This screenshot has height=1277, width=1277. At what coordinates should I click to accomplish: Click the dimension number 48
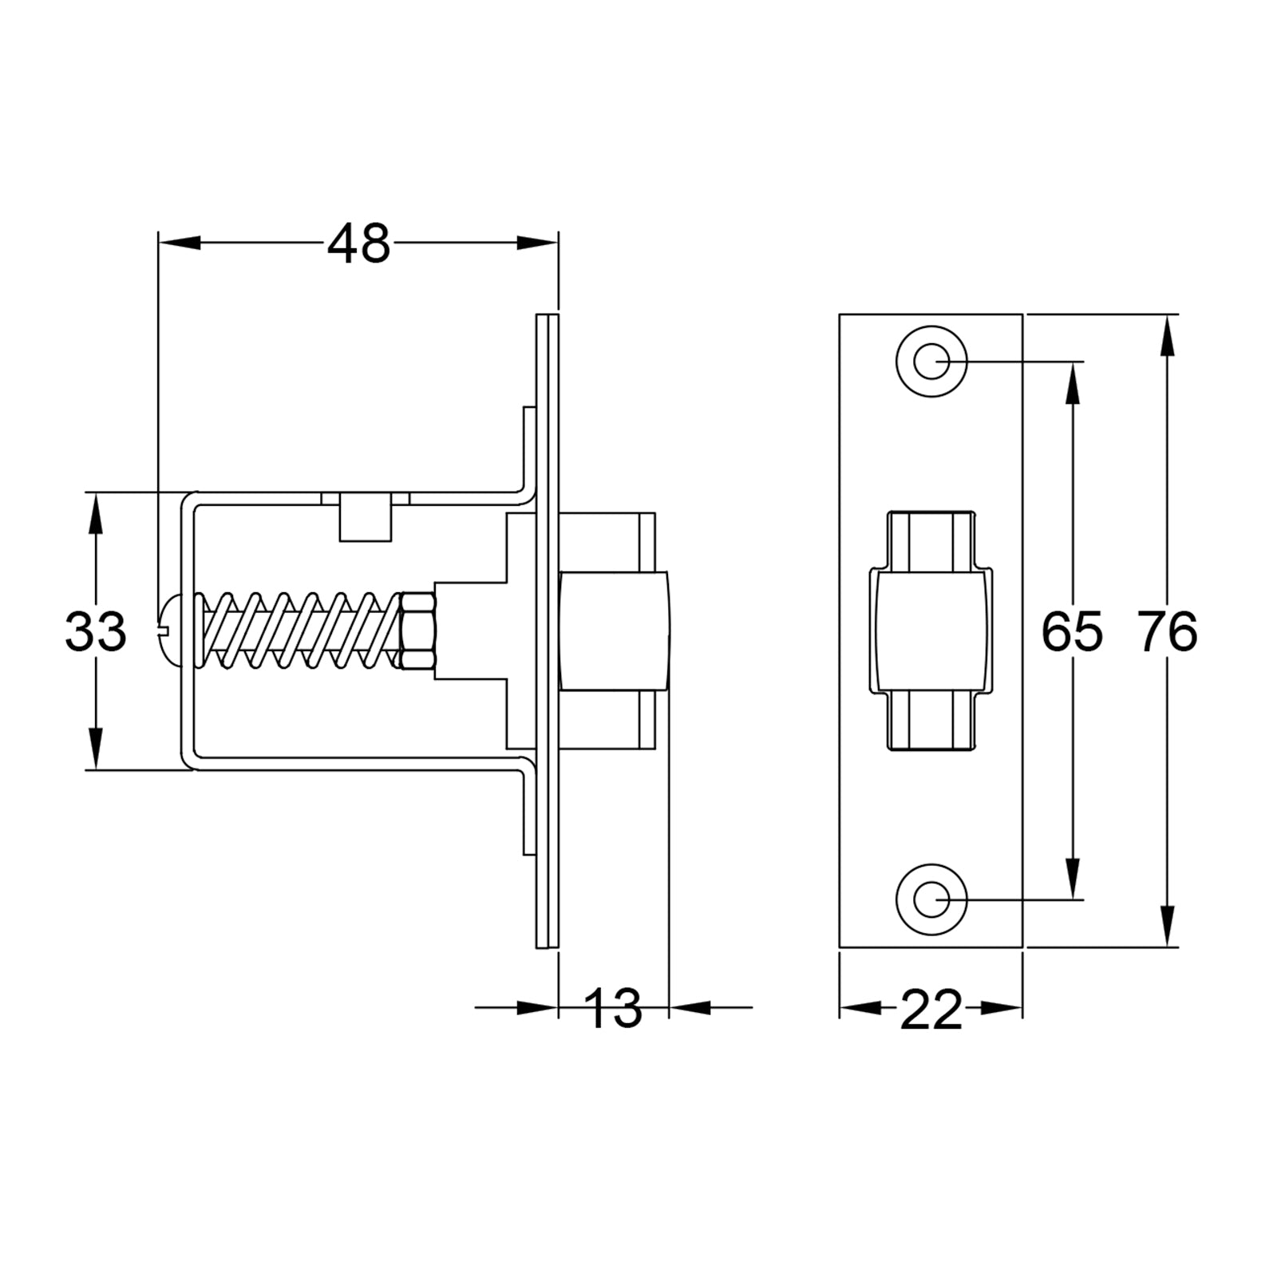point(358,243)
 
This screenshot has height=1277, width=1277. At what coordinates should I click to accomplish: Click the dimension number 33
point(95,631)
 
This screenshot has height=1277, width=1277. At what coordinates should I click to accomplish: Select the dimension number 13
point(613,1008)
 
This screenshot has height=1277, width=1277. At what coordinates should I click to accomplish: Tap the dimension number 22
point(931,1010)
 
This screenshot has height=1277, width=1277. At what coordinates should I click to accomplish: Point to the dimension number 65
point(1072,631)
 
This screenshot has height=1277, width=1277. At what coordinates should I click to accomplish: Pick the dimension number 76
point(1167,631)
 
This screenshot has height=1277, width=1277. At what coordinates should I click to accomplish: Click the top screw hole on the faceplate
point(931,362)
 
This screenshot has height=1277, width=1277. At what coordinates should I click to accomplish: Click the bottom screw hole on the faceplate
point(931,899)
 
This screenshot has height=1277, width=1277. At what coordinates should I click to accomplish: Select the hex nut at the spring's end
point(417,631)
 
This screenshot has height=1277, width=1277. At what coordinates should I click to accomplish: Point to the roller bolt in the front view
point(931,631)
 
